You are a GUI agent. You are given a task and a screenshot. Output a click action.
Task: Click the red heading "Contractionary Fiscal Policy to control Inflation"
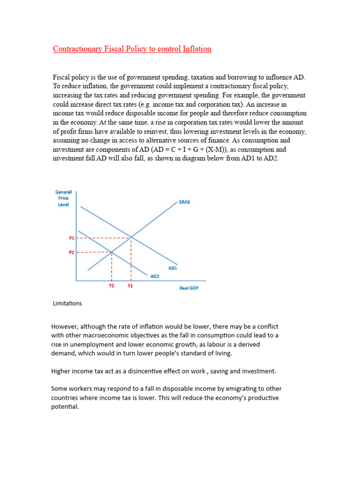(132, 49)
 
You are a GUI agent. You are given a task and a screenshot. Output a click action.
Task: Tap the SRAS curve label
(184, 202)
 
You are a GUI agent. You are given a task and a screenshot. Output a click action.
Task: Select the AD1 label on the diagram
(172, 268)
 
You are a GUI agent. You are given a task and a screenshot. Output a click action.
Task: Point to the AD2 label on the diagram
(155, 277)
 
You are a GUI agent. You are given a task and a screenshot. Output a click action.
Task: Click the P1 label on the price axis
(72, 238)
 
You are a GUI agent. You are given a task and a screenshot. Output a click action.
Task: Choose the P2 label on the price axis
(72, 252)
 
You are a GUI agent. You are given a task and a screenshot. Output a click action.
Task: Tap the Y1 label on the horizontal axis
(130, 285)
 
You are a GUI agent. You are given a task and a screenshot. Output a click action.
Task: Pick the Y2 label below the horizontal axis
(112, 285)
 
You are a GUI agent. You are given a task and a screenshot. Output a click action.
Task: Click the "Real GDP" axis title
(189, 288)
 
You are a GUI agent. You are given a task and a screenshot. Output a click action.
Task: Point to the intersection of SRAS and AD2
(112, 253)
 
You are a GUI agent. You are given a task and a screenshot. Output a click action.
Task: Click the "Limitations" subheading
(67, 303)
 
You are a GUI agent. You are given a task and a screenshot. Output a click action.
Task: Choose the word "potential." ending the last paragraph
(65, 407)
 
